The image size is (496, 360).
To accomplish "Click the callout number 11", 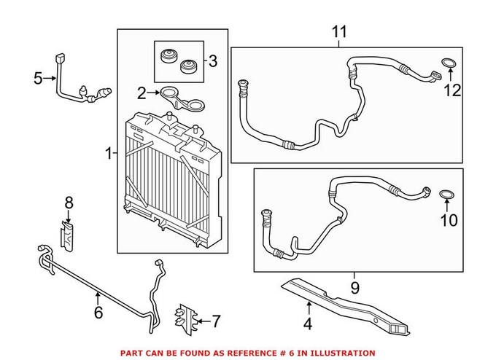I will click(x=340, y=32).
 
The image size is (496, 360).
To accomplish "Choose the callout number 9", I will click(x=354, y=288).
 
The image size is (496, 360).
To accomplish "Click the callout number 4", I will click(x=307, y=324).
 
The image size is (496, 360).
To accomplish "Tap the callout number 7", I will click(x=214, y=319).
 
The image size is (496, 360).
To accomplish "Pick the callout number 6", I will click(x=98, y=313).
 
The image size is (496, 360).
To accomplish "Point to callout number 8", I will click(x=69, y=201).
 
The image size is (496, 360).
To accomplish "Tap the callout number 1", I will click(x=108, y=153).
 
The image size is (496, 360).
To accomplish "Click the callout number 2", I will click(x=142, y=93).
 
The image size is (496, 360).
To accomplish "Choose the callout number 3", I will click(x=212, y=61).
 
